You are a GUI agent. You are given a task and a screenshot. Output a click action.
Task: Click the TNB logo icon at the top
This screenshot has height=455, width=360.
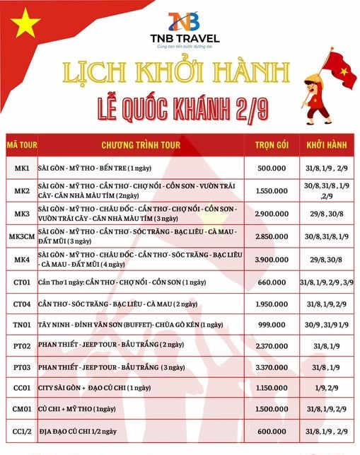pyautogui.click(x=180, y=22)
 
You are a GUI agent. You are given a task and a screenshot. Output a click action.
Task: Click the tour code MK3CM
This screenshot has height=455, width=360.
pyautogui.click(x=21, y=237)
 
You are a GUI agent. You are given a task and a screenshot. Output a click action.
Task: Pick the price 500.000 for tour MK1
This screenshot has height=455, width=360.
pyautogui.click(x=269, y=168)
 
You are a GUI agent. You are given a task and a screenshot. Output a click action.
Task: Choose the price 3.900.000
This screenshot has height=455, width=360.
pyautogui.click(x=269, y=260)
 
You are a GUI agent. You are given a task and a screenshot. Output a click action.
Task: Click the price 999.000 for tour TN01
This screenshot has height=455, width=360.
pyautogui.click(x=269, y=324)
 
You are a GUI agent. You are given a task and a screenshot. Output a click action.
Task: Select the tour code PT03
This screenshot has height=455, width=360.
pyautogui.click(x=21, y=367)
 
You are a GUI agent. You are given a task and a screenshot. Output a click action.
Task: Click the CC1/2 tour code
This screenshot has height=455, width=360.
pyautogui.click(x=21, y=432)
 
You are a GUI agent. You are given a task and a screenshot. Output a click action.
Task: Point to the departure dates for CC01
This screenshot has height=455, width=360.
pyautogui.click(x=325, y=388)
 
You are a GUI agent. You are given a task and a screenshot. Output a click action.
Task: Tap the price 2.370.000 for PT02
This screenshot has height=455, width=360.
pyautogui.click(x=269, y=346)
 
